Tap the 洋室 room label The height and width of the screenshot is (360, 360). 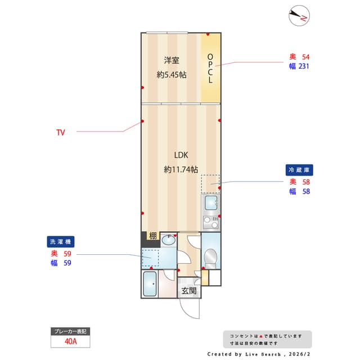coord(172,60)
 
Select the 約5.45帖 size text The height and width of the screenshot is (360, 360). coord(172,74)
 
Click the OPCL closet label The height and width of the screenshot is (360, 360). coord(210,68)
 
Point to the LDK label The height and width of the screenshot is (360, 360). coord(181,155)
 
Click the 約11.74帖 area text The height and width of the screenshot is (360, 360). coord(181,169)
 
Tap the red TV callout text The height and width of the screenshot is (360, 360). coord(60,133)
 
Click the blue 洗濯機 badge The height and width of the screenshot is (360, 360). coord(61,241)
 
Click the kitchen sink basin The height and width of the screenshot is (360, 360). coord(211,203)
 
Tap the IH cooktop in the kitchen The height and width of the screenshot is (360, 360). coord(211,221)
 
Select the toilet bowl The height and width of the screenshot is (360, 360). coord(210,258)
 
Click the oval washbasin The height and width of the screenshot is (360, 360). coord(168,240)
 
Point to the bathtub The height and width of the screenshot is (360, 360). coord(150,284)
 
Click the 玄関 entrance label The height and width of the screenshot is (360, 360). coord(188,291)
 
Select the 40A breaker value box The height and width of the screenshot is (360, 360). coord(71,341)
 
